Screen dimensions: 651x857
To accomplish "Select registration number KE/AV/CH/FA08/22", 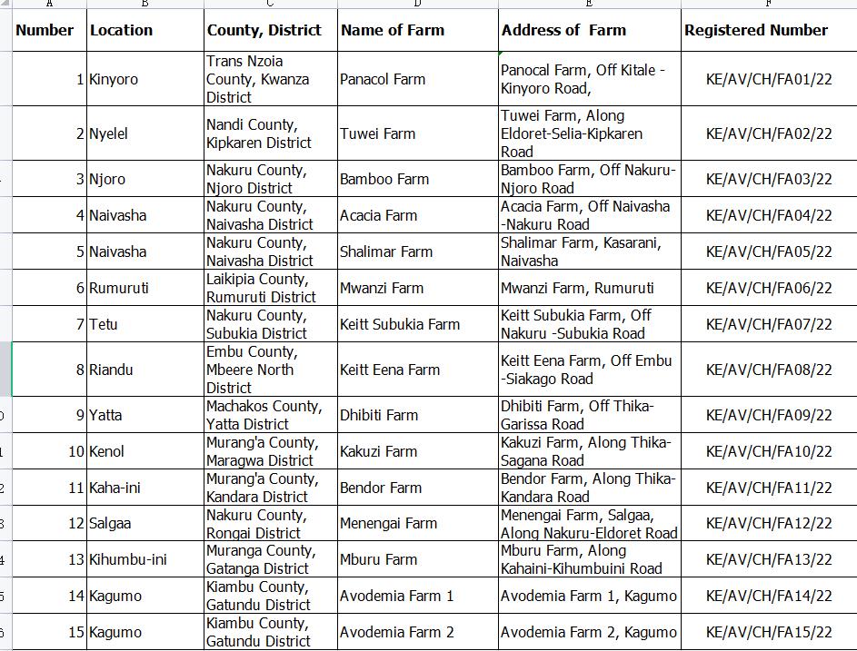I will [769, 370].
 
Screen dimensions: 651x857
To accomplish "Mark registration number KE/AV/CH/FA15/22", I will [769, 632].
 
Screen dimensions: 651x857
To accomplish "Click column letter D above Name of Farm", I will [417, 4].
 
